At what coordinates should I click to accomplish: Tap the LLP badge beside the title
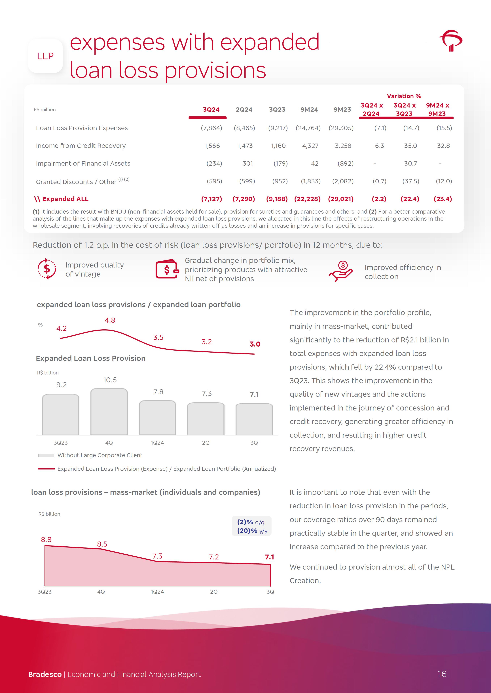tap(45, 56)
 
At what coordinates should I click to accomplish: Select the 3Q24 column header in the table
tap(211, 109)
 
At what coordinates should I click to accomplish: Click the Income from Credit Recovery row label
tap(81, 146)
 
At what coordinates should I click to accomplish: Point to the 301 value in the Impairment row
tap(248, 164)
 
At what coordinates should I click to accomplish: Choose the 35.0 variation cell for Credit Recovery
tap(410, 146)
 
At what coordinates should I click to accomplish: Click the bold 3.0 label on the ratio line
tap(255, 344)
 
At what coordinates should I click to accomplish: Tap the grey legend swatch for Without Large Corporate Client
tap(46, 455)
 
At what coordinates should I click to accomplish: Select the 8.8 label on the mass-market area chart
tap(46, 540)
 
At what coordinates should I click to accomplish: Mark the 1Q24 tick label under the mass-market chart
tap(157, 592)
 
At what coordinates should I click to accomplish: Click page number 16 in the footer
tap(442, 674)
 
